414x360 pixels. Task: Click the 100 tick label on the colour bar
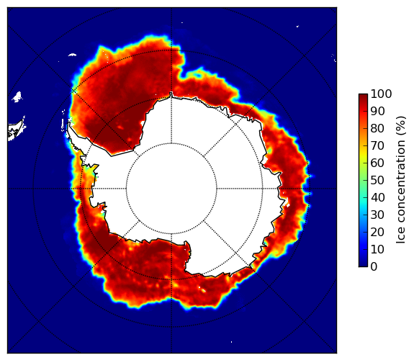tap(381, 94)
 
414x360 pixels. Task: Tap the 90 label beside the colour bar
tap(377, 111)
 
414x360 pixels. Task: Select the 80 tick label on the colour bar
tap(377, 129)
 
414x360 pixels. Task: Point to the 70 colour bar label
tap(377, 145)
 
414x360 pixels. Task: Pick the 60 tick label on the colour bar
tap(377, 163)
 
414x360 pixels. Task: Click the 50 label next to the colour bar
tap(377, 181)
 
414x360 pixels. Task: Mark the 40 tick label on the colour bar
tap(377, 197)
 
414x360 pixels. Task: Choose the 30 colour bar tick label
tap(377, 215)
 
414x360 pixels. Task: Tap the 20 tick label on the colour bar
tap(377, 232)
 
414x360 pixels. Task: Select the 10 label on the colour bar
tap(377, 249)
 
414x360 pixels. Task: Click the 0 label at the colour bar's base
tap(374, 267)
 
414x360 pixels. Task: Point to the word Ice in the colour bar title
tap(400, 235)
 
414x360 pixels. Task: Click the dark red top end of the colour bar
tap(363, 96)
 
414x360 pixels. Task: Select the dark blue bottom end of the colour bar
tap(363, 265)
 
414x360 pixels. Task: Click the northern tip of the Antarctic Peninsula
tap(69, 123)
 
